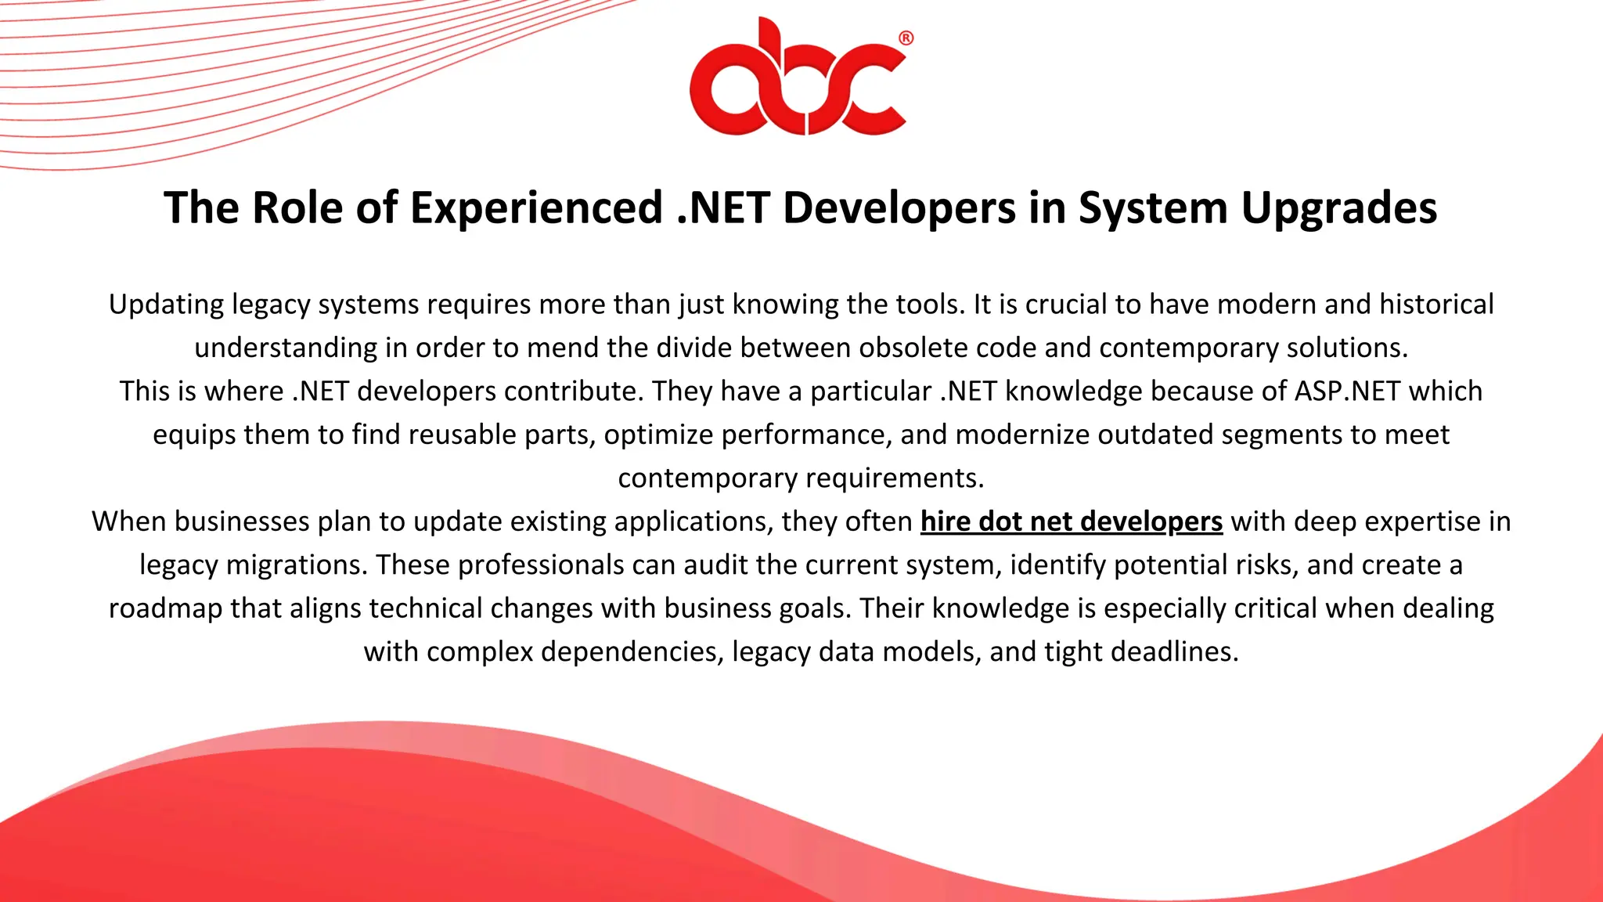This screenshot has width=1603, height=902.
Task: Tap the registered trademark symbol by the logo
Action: [906, 38]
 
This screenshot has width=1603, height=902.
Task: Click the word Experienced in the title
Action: [537, 208]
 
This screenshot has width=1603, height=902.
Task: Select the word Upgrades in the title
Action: [1339, 208]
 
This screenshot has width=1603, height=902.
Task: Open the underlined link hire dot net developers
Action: [1071, 521]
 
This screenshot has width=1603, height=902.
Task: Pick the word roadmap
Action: [165, 608]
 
